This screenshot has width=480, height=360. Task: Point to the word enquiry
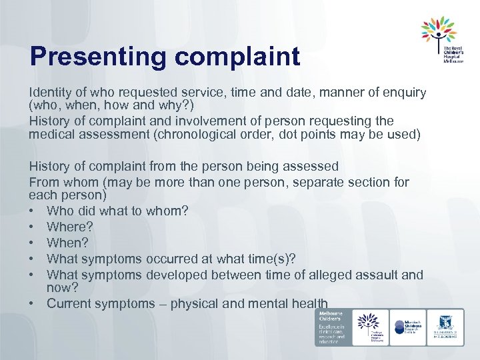(402, 92)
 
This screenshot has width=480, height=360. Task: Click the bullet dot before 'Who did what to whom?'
(33, 211)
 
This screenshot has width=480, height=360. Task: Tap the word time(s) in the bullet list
(270, 259)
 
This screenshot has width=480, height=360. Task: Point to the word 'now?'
(63, 287)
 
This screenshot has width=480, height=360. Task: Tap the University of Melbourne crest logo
(446, 326)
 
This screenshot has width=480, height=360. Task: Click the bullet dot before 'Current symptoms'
(33, 304)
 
